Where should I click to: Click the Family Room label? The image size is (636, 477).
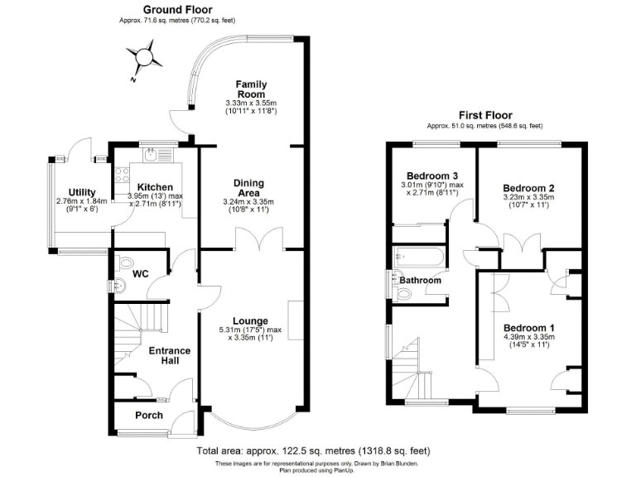250,89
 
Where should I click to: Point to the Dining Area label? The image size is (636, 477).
248,188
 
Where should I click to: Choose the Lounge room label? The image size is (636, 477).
249,320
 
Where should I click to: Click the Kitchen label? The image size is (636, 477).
155,187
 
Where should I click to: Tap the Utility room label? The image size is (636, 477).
82,192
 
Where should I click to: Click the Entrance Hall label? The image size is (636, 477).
169,356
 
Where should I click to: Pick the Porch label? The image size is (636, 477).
148,415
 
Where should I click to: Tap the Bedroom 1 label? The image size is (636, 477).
528,328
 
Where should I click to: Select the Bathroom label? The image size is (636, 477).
421,280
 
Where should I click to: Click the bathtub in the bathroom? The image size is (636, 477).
418,256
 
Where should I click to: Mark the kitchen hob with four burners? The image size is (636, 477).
121,175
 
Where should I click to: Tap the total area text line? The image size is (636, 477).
313,451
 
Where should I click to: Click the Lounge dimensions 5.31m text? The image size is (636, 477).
249,330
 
